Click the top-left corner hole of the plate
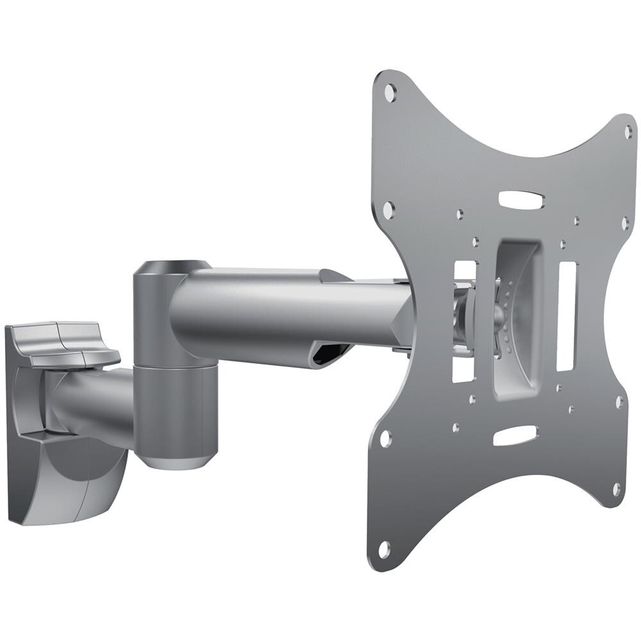[x=389, y=93]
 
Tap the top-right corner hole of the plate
[x=628, y=131]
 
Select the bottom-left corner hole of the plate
[x=384, y=549]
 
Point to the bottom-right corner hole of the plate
[x=616, y=489]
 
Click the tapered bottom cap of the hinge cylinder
[x=172, y=460]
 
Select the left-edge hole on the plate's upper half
[x=388, y=208]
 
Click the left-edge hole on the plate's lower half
[x=385, y=439]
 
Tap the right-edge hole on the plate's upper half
[x=626, y=223]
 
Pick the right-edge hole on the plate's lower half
[x=619, y=402]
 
